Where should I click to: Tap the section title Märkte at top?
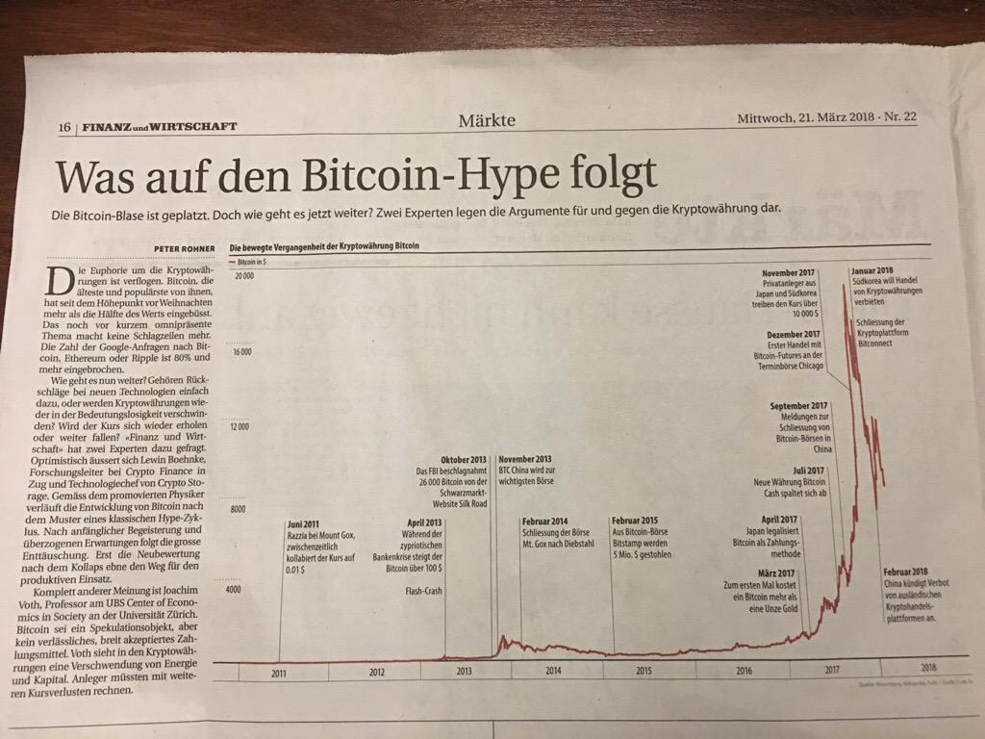click(x=487, y=121)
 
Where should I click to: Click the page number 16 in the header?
click(x=65, y=127)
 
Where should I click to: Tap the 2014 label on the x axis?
click(x=554, y=670)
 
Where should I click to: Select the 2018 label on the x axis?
click(x=928, y=667)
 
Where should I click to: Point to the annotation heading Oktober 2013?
click(x=464, y=459)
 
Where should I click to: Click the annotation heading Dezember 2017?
click(x=794, y=334)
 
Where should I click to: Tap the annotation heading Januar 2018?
click(x=873, y=270)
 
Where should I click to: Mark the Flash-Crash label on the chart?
click(x=424, y=590)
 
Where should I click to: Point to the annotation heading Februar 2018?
click(x=905, y=572)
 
